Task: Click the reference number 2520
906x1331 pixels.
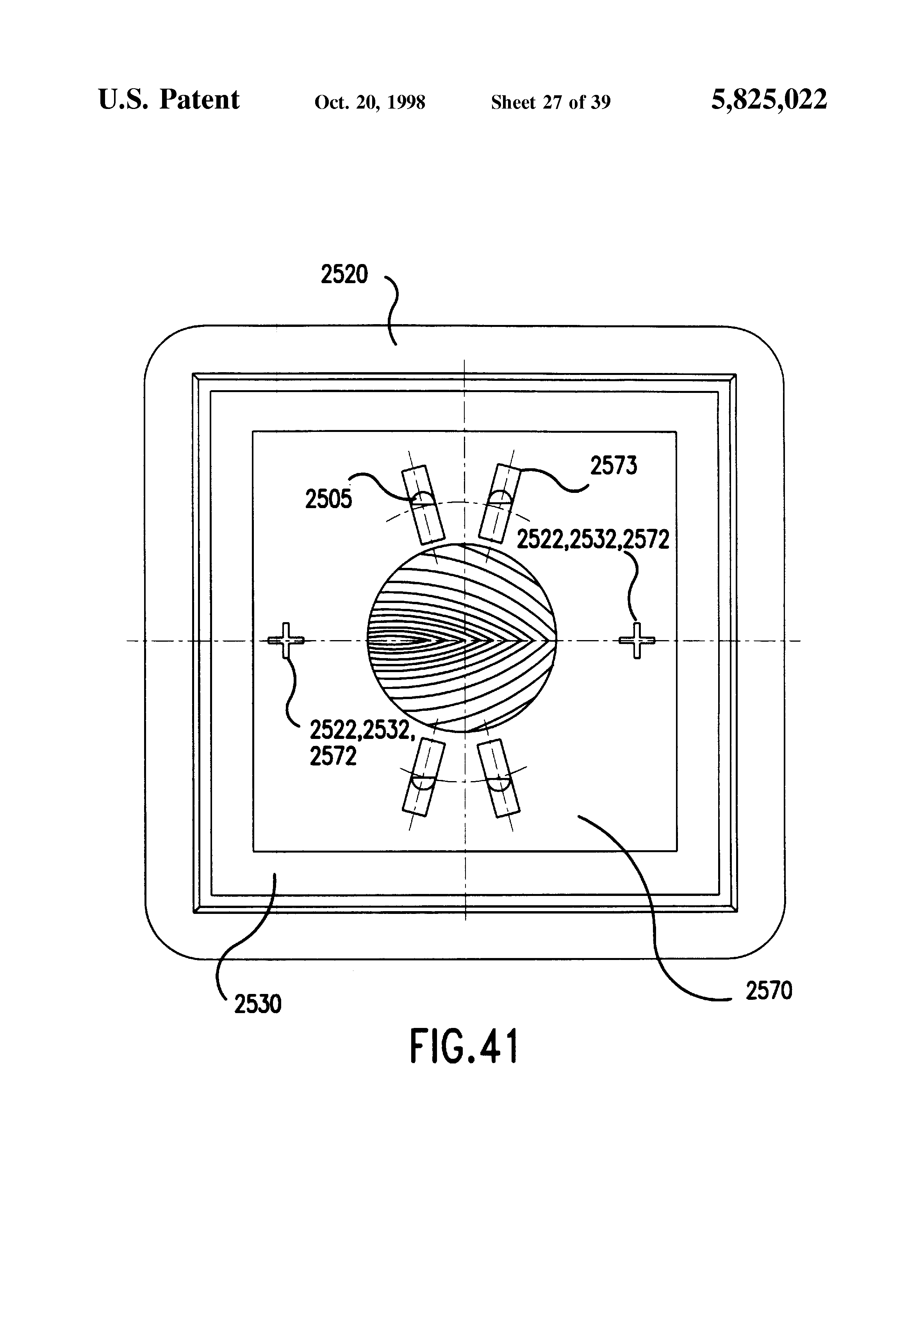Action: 344,275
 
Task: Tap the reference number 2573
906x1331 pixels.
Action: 614,466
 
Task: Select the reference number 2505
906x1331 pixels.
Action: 328,500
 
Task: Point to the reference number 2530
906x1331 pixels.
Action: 258,1004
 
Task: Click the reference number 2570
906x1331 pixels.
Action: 769,991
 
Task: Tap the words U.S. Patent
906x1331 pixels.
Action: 169,100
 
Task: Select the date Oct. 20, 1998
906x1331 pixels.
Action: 369,102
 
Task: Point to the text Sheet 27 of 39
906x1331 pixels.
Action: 550,102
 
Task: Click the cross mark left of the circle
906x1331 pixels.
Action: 286,640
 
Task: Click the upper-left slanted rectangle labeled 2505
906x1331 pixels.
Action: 423,504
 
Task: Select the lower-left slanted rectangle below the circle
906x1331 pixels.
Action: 424,776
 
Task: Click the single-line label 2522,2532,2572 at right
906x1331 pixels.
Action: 593,539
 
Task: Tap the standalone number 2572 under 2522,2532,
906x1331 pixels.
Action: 333,756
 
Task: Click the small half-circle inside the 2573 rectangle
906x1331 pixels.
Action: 499,498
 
